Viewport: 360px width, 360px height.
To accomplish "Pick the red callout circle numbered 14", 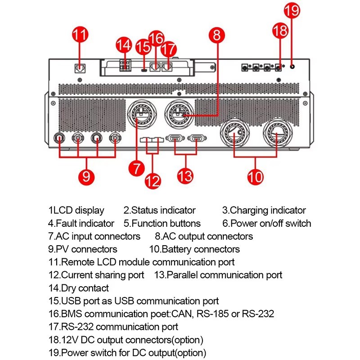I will coord(124,45).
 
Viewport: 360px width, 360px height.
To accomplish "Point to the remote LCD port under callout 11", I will coord(80,68).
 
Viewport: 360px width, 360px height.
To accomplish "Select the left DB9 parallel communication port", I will coord(175,139).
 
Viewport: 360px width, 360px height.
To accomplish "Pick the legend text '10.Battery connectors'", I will coord(194,249).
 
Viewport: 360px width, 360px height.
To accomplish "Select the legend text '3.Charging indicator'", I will coord(264,210).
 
